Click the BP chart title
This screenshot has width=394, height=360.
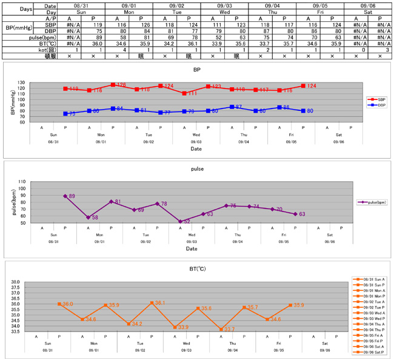point(196,70)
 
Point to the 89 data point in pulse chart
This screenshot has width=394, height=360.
point(65,196)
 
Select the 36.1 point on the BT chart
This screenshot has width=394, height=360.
point(152,302)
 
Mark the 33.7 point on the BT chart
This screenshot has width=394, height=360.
point(221,329)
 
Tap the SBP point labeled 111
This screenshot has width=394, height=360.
point(184,93)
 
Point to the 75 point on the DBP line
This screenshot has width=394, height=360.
point(65,113)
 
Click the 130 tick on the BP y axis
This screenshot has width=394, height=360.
point(22,82)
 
